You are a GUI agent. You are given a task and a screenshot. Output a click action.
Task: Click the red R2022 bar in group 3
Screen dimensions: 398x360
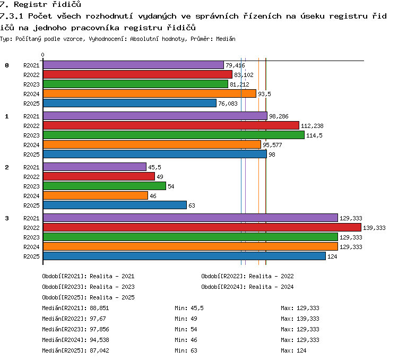click(x=202, y=227)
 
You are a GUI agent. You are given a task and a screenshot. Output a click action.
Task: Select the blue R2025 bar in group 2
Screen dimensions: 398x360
click(x=115, y=205)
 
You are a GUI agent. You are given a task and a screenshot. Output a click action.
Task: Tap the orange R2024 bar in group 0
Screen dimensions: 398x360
click(x=150, y=93)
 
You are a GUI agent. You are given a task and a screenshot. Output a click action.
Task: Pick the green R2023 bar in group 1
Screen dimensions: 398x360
click(x=174, y=135)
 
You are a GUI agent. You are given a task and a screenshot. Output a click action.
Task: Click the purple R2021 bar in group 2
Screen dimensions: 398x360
click(x=94, y=167)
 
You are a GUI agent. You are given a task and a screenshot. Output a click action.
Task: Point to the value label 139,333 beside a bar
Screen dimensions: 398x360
click(x=374, y=228)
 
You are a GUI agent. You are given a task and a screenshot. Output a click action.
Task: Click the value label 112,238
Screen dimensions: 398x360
click(x=312, y=126)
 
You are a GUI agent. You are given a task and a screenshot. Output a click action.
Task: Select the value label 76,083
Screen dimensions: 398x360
click(x=228, y=104)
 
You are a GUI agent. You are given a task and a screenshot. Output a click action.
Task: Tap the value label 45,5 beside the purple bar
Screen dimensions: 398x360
click(x=154, y=167)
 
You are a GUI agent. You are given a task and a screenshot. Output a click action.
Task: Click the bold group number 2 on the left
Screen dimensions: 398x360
click(x=7, y=167)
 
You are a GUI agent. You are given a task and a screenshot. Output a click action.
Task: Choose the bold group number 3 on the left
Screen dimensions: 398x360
click(x=7, y=218)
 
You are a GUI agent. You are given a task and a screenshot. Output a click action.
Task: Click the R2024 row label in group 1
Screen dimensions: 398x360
click(x=31, y=145)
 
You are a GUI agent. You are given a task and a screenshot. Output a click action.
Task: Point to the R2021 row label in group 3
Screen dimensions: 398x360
click(x=31, y=218)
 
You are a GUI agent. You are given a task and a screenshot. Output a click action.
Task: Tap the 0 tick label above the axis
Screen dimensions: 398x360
click(x=42, y=55)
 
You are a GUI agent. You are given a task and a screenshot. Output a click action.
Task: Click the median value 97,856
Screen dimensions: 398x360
click(x=100, y=329)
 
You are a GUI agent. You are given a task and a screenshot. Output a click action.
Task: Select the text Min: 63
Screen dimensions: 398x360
click(x=186, y=350)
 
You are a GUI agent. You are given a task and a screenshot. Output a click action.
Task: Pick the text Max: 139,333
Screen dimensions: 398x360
click(x=300, y=319)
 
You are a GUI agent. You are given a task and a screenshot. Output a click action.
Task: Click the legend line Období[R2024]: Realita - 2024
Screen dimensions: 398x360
click(x=247, y=287)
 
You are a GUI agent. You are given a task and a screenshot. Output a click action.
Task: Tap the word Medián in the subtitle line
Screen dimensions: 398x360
click(x=226, y=39)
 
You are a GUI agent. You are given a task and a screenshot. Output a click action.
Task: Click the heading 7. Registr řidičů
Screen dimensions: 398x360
click(x=40, y=4)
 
